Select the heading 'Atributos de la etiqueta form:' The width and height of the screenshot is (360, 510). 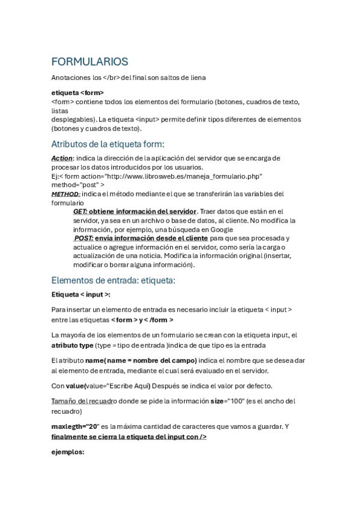tap(108, 144)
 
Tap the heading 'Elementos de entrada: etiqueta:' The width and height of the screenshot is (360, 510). tap(113, 280)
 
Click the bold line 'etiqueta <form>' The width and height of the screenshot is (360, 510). tap(78, 93)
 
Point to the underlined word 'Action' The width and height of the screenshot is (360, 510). tap(62, 158)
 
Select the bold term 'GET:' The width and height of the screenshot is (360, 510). tap(81, 212)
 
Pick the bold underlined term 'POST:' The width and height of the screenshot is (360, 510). tap(83, 238)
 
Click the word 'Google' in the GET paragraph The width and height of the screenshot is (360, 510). tap(221, 229)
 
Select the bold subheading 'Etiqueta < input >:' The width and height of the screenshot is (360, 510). tap(81, 295)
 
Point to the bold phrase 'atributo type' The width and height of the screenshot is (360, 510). tap(73, 345)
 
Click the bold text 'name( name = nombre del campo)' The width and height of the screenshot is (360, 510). tap(142, 360)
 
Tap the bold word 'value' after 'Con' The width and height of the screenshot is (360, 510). tap(76, 386)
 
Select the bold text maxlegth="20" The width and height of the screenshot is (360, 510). tap(75, 426)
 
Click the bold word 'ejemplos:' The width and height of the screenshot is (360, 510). tap(68, 452)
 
